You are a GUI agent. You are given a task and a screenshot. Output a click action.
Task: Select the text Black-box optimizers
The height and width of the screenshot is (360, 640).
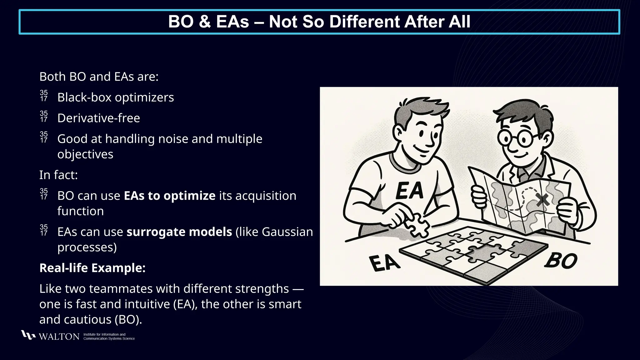tap(115, 97)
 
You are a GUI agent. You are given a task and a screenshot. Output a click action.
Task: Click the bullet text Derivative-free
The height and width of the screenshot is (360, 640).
tap(98, 118)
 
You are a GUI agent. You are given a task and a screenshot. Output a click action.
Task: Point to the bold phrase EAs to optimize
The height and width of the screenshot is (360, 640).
tap(169, 196)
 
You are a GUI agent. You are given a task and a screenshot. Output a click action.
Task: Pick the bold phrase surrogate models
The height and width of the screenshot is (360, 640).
tap(179, 232)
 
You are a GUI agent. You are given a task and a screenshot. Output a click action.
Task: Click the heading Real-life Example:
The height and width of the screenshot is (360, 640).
tap(92, 268)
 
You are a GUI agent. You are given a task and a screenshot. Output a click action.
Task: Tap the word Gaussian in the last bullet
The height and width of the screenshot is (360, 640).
tap(287, 232)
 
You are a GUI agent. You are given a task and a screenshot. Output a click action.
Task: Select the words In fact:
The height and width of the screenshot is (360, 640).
tap(58, 175)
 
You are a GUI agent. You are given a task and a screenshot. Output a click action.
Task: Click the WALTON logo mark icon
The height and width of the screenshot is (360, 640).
tap(28, 335)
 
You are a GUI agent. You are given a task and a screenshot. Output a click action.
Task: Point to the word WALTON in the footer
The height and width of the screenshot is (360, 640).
tap(59, 337)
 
